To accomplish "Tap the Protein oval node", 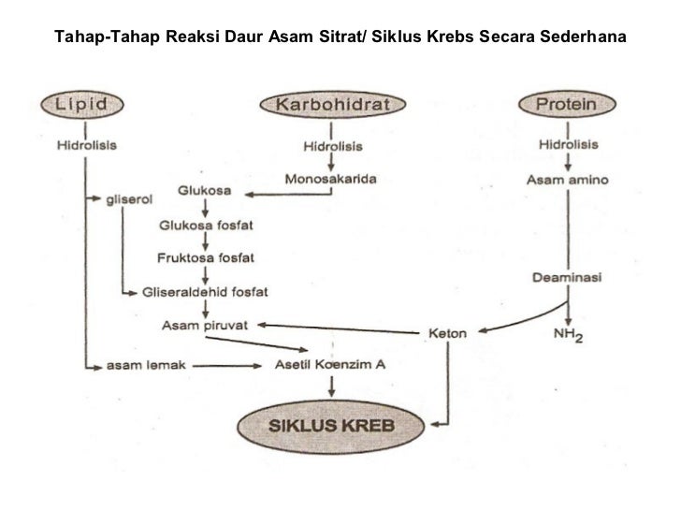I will click(566, 105).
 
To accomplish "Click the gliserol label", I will click(132, 199).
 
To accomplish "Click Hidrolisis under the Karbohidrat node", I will click(332, 145).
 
